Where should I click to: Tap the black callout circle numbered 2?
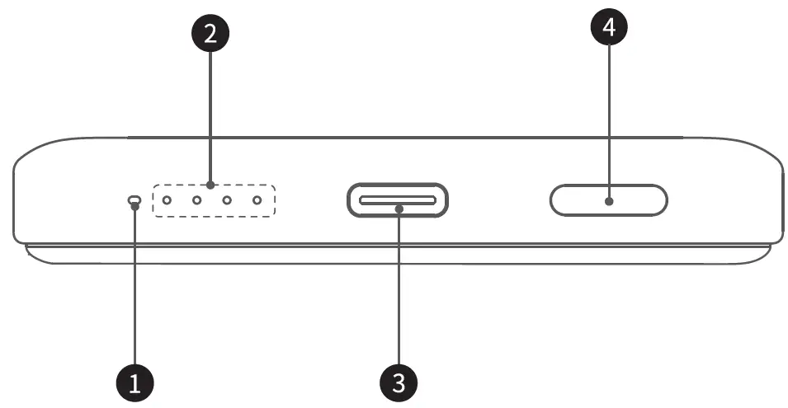tap(210, 34)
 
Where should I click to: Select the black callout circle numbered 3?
tap(399, 382)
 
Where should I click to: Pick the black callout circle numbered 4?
tap(609, 28)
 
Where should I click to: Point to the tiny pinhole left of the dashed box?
tap(134, 199)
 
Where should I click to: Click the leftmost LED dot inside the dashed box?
tap(167, 200)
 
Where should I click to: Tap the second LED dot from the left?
tap(197, 200)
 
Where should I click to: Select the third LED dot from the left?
tap(227, 200)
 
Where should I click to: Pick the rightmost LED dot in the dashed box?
tap(257, 200)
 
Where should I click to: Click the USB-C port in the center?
tap(398, 199)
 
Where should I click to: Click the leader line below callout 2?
tap(210, 115)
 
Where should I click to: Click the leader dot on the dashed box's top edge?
tap(210, 185)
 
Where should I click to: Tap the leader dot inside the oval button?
tap(609, 200)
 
